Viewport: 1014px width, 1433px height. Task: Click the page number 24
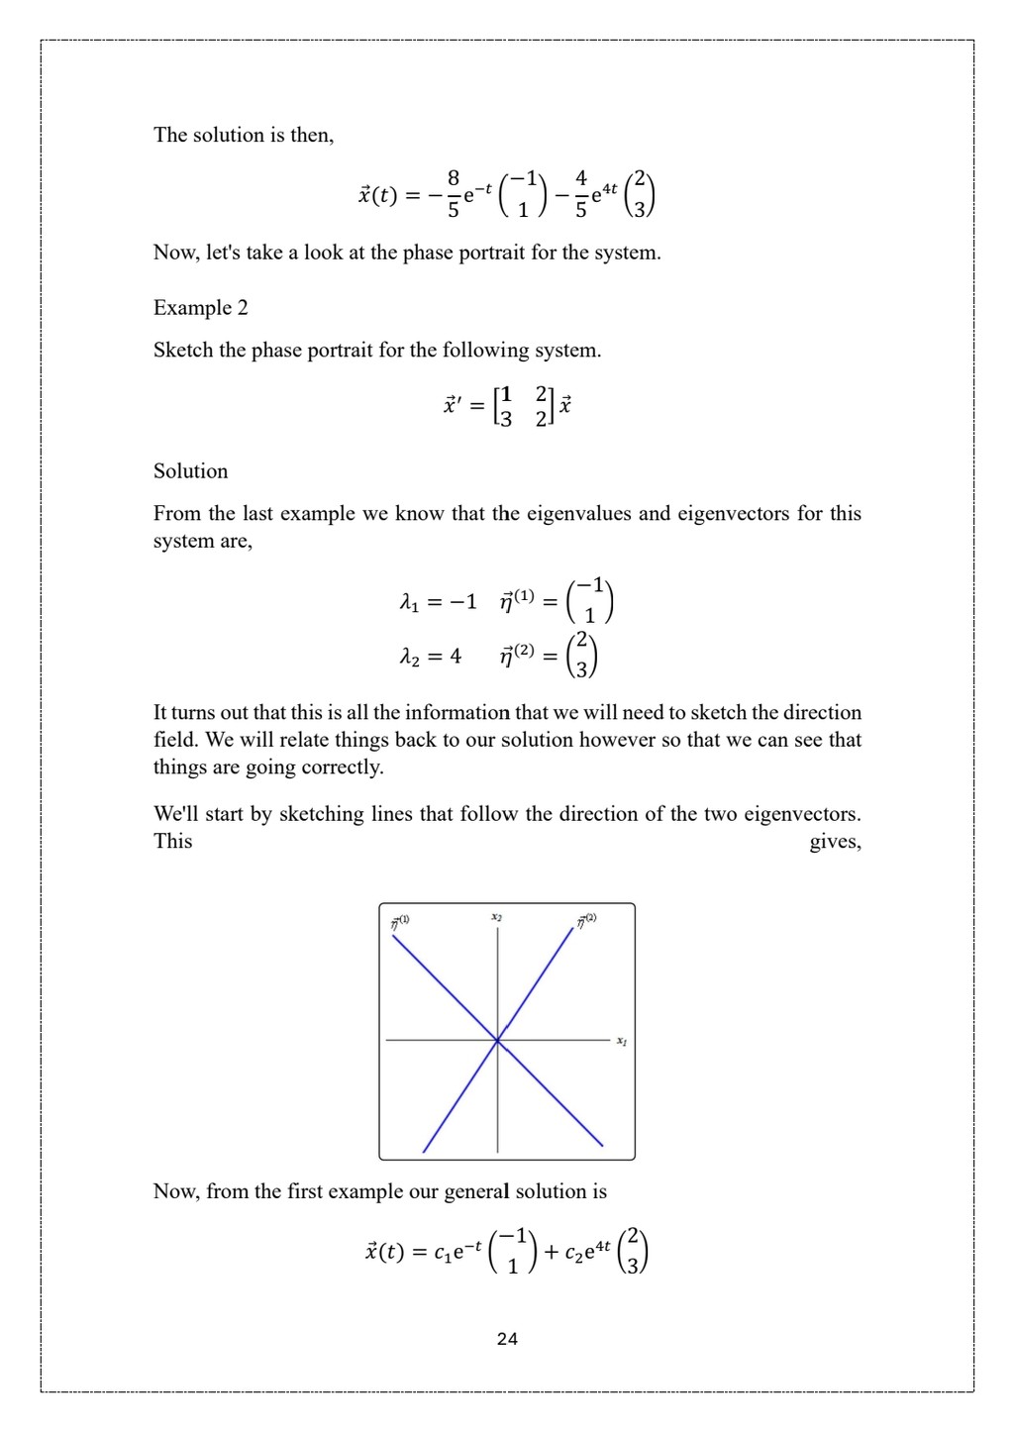click(x=507, y=1339)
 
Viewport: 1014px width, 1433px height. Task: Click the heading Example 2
click(x=200, y=308)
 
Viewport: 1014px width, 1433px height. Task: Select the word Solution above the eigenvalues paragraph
click(x=190, y=471)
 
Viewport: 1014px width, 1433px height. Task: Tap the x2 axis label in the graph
click(x=496, y=918)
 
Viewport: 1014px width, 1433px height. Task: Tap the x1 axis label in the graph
click(x=621, y=1041)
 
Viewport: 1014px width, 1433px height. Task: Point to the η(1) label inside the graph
click(x=400, y=922)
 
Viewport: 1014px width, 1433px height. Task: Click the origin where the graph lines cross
click(x=497, y=1040)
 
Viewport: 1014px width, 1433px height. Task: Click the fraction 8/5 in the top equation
click(x=454, y=193)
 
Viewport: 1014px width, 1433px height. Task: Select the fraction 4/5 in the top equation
click(x=581, y=193)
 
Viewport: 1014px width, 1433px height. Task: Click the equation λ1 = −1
click(x=438, y=602)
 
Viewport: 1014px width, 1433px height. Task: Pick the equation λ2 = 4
click(x=430, y=657)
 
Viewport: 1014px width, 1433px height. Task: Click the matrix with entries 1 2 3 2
click(x=522, y=406)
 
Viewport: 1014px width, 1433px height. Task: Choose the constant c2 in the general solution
click(x=573, y=1254)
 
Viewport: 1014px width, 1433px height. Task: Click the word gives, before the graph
click(x=835, y=842)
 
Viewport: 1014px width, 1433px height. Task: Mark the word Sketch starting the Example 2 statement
click(x=186, y=351)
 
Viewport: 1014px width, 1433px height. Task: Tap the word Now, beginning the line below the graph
click(x=176, y=1191)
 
